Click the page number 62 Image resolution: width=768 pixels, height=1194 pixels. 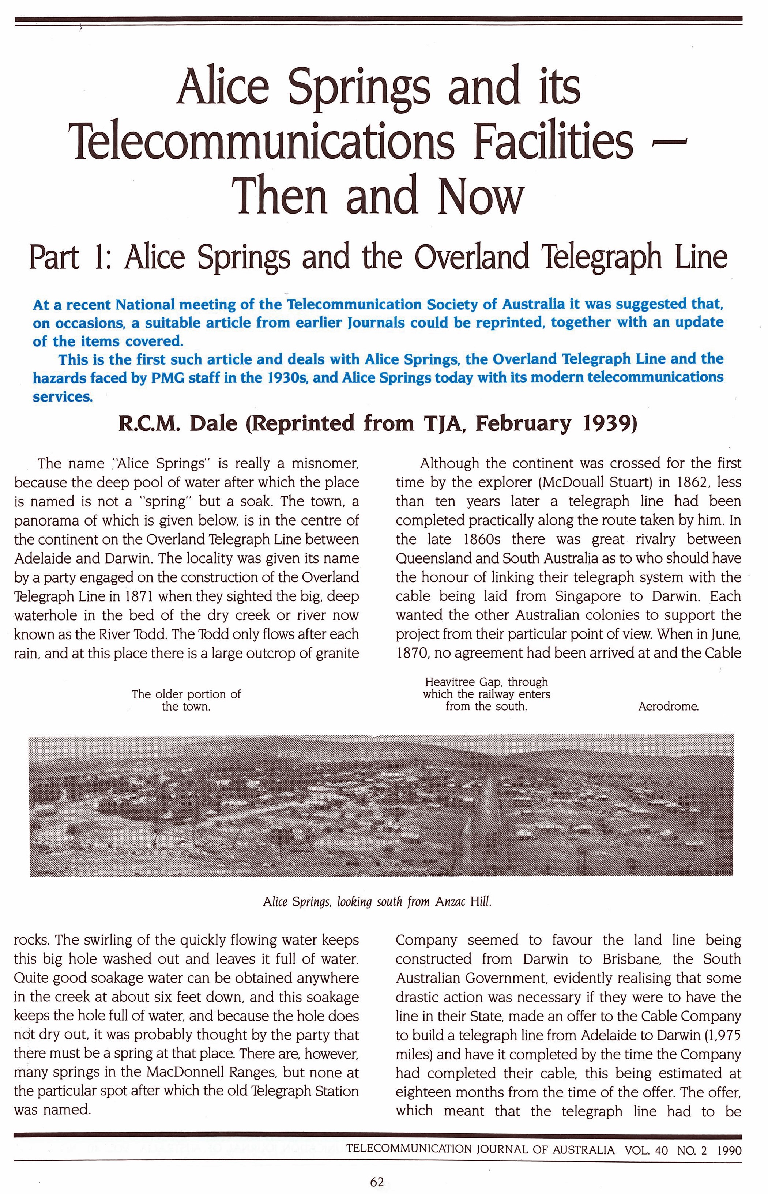(x=377, y=1182)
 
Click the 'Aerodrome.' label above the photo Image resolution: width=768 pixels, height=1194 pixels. (x=668, y=707)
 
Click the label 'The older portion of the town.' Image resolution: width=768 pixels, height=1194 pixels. (x=186, y=700)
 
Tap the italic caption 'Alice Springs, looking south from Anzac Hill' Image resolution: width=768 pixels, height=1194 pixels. (x=377, y=901)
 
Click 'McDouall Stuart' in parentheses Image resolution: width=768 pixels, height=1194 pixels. (x=592, y=483)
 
